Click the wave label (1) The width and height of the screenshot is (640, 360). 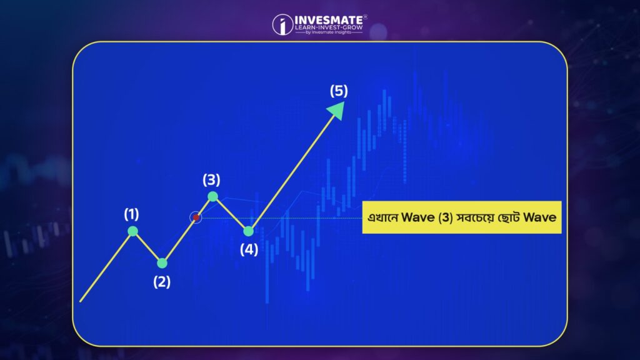point(131,214)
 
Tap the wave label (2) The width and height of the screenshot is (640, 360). point(162,282)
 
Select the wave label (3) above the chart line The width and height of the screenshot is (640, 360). point(211,180)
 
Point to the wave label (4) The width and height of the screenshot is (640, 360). point(249,249)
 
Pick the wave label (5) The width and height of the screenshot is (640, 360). point(339,91)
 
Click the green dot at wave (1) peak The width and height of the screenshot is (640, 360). point(132,231)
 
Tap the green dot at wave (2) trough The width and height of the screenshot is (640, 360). point(162,263)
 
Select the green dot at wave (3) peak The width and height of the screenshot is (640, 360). point(212,197)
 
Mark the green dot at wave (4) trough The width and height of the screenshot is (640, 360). point(248,231)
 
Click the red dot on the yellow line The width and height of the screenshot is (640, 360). point(196,217)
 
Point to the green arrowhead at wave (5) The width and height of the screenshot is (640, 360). point(337,109)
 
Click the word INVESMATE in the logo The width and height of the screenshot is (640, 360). point(329,20)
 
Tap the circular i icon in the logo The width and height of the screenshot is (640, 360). point(282,24)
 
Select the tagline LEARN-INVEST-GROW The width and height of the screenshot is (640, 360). point(329,27)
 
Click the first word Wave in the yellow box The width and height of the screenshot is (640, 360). point(418,217)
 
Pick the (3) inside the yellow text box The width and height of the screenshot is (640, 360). point(446,217)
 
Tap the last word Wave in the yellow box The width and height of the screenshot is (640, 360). point(539,217)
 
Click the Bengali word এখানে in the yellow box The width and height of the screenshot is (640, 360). point(382,217)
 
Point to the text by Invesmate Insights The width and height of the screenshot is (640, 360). point(328,32)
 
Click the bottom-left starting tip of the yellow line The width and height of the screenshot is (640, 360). point(81,302)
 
